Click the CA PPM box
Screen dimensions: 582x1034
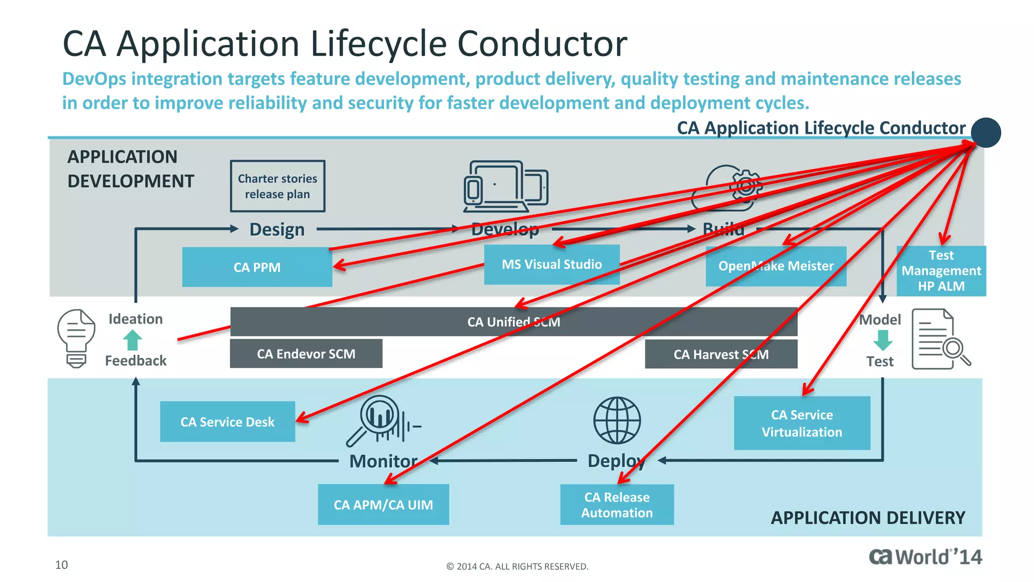coord(256,267)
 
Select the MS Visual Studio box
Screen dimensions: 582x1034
coord(551,264)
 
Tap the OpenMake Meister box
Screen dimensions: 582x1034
coord(775,266)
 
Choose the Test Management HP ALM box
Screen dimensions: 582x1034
coord(941,271)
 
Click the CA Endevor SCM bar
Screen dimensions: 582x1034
coord(306,354)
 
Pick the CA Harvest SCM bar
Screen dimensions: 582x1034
coord(721,354)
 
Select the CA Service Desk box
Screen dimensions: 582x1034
coord(227,421)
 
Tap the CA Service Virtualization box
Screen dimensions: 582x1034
coord(802,423)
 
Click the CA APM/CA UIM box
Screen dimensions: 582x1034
coord(383,504)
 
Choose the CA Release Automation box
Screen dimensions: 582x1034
coord(616,504)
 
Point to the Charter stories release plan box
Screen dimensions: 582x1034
coord(278,186)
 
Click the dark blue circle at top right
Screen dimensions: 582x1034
coord(986,132)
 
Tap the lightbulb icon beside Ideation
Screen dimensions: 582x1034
coord(76,338)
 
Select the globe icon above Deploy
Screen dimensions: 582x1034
coord(616,420)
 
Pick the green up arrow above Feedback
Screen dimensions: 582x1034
coord(133,339)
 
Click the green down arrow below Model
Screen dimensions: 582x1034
coord(883,340)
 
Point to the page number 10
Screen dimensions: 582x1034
coord(61,565)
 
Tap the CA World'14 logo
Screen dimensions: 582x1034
coord(925,557)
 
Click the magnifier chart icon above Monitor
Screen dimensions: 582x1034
coord(380,420)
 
